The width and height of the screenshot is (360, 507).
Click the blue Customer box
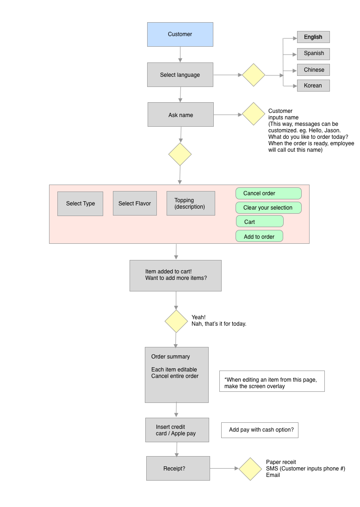tap(180, 34)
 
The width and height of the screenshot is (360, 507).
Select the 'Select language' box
tap(180, 74)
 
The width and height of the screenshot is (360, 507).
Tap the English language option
tap(313, 37)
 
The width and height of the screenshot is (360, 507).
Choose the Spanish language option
tap(313, 54)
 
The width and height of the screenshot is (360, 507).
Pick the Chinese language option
tap(313, 70)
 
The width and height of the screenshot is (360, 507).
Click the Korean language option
tap(313, 86)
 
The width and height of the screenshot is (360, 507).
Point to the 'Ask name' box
tap(180, 114)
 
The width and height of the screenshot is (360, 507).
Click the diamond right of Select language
tap(254, 75)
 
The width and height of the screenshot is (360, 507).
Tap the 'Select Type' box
tap(80, 204)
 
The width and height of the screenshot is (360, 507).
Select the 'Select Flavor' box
tap(135, 204)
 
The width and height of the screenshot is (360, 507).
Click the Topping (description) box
tap(191, 204)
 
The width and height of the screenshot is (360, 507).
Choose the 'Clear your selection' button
tap(268, 208)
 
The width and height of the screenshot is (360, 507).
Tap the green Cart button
tap(260, 222)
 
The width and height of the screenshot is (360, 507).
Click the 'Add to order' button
tap(260, 236)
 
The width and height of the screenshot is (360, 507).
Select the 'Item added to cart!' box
tap(176, 276)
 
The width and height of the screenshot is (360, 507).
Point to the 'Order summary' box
tap(177, 375)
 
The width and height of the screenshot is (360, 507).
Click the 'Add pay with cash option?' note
tap(260, 430)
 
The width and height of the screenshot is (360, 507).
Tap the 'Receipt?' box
tap(178, 468)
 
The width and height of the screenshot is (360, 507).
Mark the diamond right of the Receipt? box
tap(250, 469)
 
